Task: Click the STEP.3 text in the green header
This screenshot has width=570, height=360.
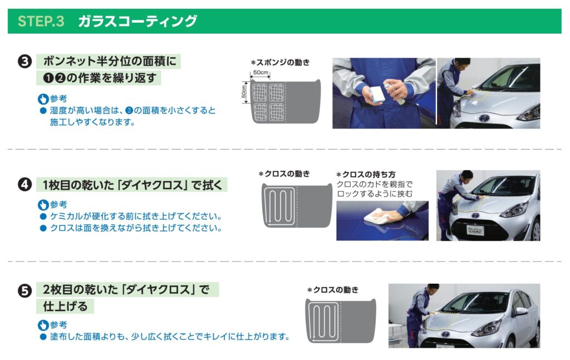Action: (41, 21)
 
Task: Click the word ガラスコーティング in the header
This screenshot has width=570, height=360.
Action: (137, 21)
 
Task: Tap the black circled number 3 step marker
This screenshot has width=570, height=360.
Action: (24, 61)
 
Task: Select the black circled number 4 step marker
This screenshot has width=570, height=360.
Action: (24, 185)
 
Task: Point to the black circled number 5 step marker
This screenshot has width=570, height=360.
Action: (24, 290)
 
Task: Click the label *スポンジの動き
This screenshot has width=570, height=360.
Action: (280, 62)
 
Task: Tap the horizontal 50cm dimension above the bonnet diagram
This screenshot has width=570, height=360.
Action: (261, 73)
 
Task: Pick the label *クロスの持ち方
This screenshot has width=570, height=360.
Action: (366, 174)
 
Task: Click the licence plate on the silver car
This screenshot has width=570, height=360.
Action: (475, 230)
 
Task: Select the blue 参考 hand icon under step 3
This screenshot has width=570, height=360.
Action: (43, 99)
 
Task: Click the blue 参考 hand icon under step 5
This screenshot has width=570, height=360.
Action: (43, 325)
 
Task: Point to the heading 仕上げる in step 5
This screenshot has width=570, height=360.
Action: (66, 306)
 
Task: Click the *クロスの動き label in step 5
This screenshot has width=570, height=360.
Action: (333, 290)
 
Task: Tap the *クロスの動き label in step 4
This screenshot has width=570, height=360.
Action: (284, 174)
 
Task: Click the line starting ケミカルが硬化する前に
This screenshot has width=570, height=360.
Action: (136, 216)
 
